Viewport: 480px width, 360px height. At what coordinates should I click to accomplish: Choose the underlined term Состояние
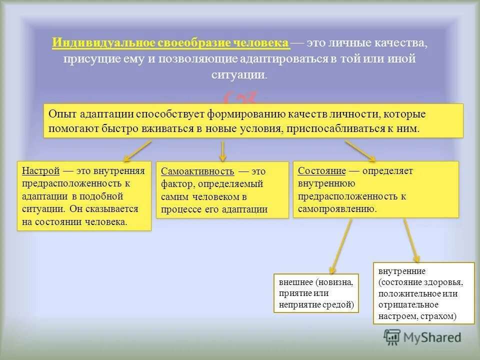[x=321, y=171]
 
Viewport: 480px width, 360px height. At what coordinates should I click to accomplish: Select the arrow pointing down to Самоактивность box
[x=223, y=149]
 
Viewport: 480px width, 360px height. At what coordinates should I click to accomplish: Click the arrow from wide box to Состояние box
[x=360, y=150]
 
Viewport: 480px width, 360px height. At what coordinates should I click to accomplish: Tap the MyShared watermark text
[x=432, y=338]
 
